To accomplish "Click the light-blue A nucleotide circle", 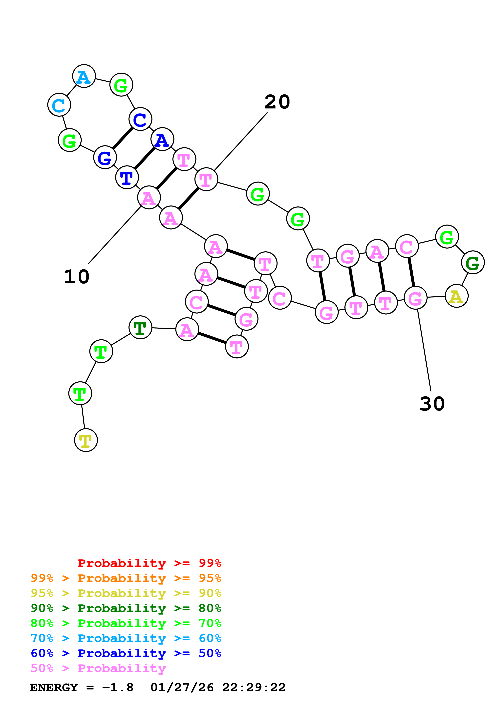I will [x=84, y=76].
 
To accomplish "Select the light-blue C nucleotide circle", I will [x=59, y=105].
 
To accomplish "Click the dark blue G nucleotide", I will [x=105, y=157].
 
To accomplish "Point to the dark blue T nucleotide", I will [x=127, y=177].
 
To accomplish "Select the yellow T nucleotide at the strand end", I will [x=86, y=440].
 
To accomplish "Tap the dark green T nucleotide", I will [x=140, y=327].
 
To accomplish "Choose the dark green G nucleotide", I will [x=473, y=262].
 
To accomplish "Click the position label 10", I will [x=76, y=277].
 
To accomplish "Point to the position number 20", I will [x=277, y=102].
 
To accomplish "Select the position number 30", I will [x=432, y=404].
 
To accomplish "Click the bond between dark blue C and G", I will [x=122, y=138].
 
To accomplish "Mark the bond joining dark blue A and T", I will [x=144, y=158].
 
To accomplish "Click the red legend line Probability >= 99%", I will [x=149, y=563].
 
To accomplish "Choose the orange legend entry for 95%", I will [x=126, y=578].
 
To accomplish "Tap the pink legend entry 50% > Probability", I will [x=98, y=668].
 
